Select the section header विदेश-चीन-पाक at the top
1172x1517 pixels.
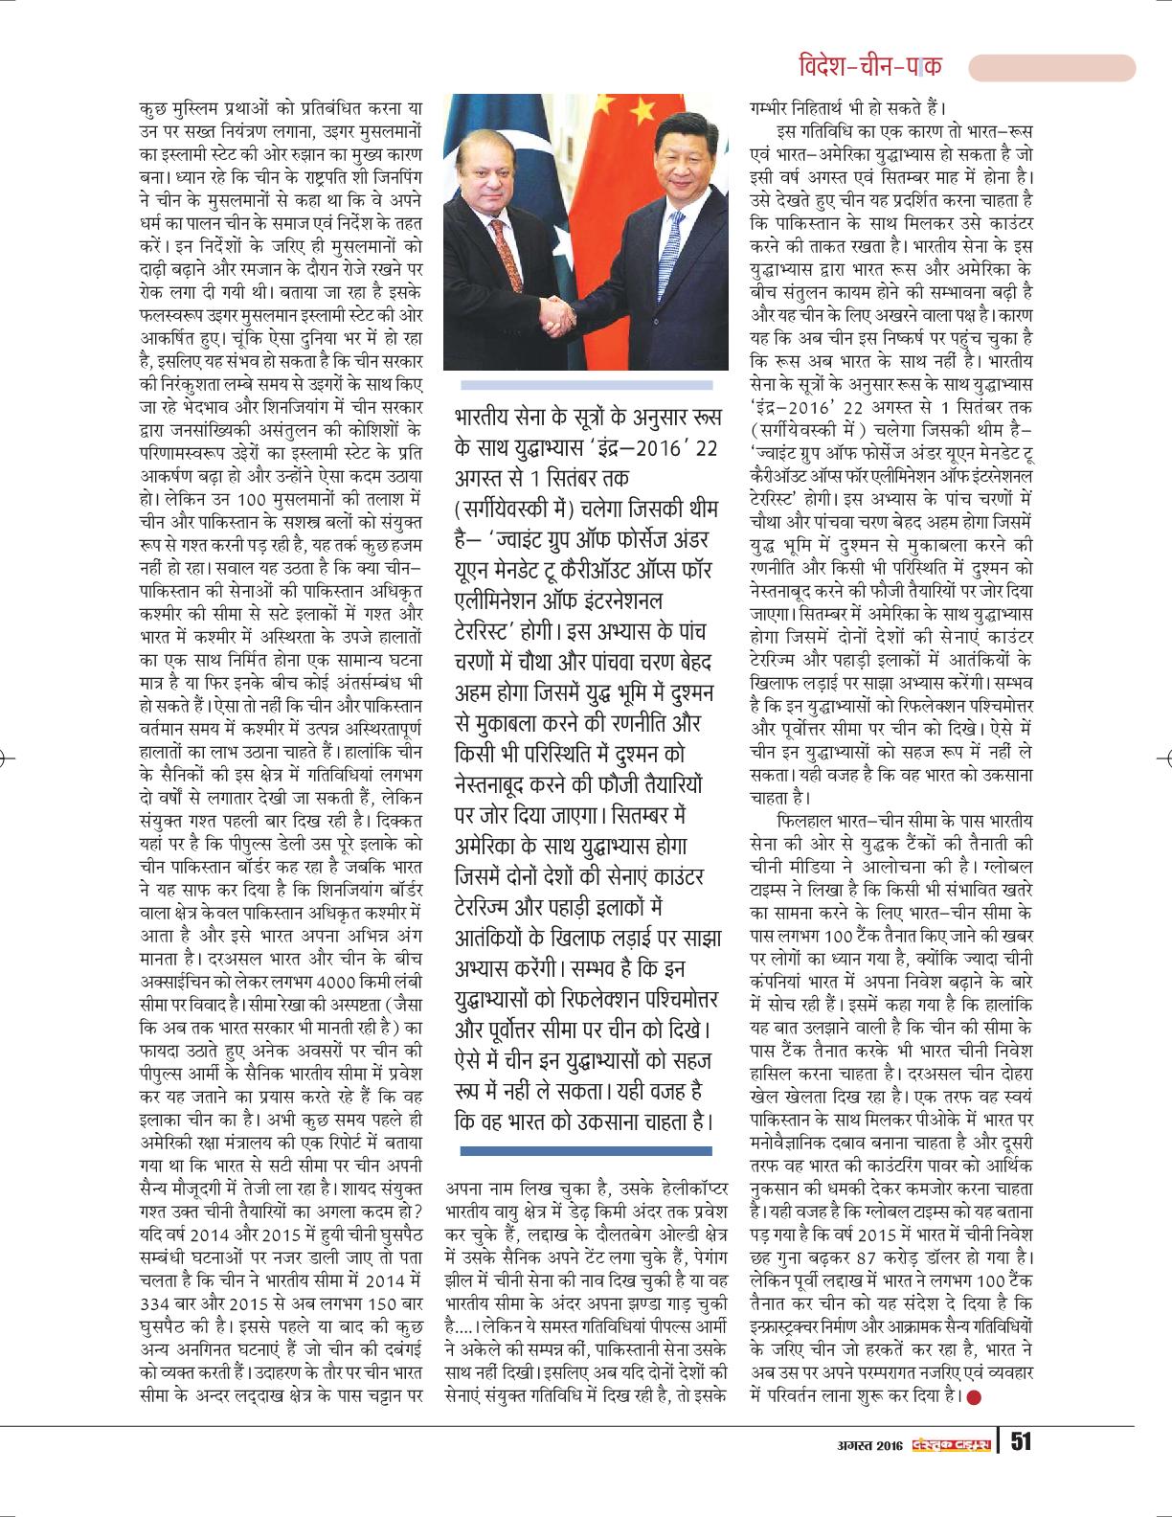click(868, 66)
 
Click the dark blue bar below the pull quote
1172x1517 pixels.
click(587, 1149)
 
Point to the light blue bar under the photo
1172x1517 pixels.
click(587, 385)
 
